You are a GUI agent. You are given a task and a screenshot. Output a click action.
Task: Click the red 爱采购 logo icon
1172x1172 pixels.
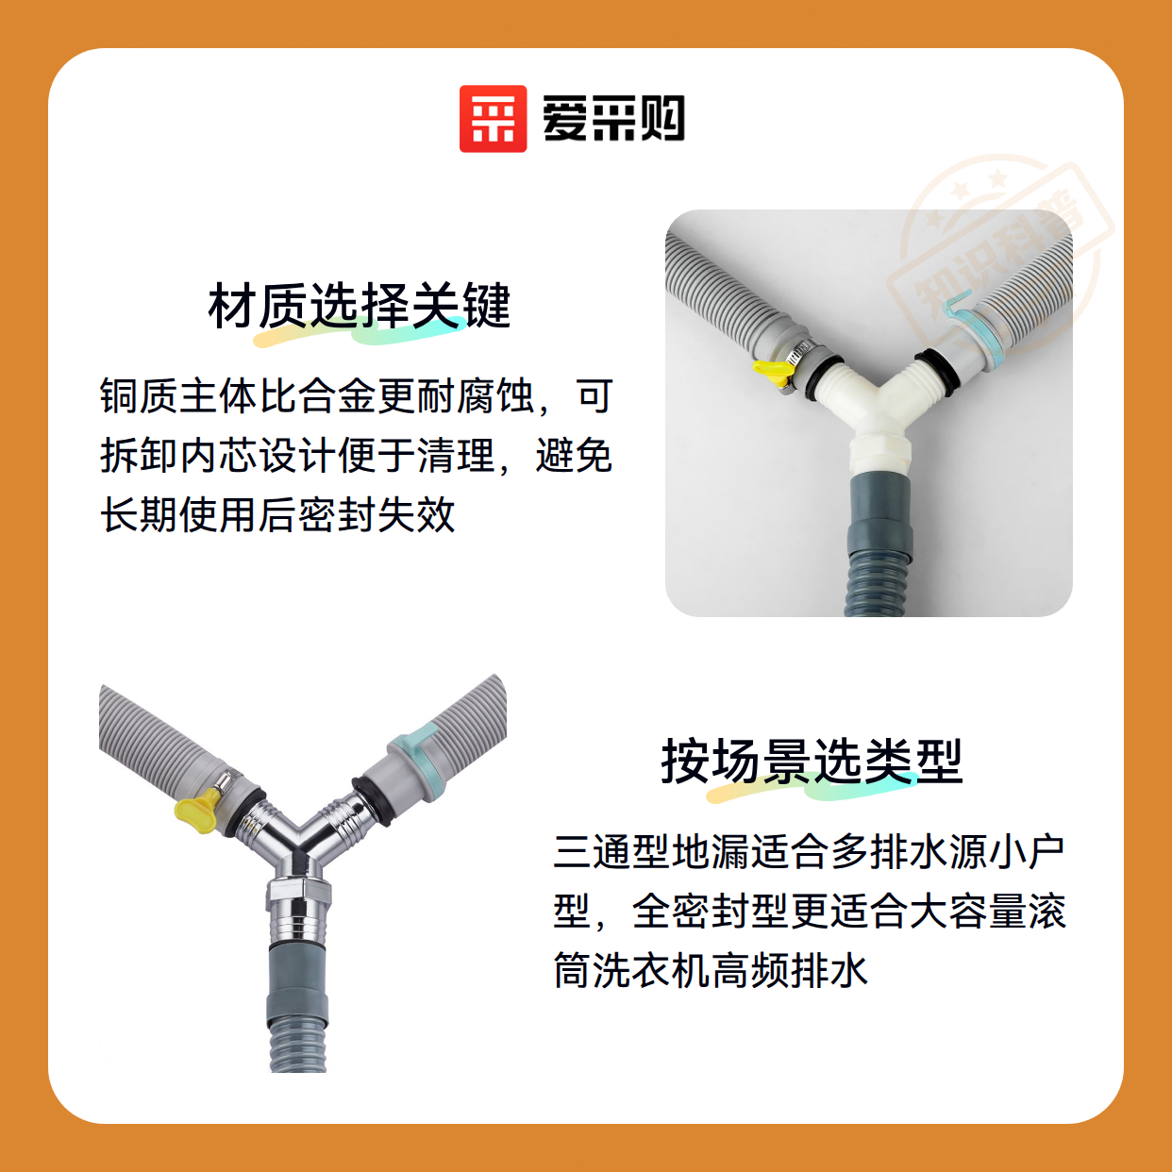493,119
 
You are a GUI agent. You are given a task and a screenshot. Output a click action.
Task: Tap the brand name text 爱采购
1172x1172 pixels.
613,119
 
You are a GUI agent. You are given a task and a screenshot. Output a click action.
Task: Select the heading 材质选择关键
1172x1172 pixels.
360,306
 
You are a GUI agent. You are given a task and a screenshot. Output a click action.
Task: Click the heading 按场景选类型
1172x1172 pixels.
812,762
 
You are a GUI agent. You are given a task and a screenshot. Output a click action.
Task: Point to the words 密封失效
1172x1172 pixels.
377,515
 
